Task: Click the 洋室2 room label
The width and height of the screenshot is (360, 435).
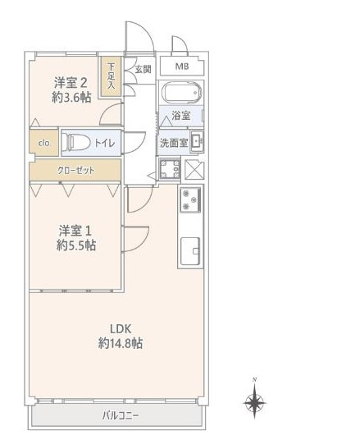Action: pos(71,82)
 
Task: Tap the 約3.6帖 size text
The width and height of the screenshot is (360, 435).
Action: pos(71,98)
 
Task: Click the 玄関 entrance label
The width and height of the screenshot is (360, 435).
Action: pos(143,69)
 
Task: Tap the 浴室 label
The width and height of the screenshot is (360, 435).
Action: pos(180,117)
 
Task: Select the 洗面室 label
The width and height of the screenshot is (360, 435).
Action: pos(173,142)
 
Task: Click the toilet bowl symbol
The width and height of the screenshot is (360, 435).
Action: pos(77,143)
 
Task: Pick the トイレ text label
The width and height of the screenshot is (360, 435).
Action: pos(104,143)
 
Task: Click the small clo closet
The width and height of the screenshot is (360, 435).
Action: pos(44,143)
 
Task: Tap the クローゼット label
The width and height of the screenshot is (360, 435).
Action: pos(75,170)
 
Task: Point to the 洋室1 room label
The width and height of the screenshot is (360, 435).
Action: pos(76,229)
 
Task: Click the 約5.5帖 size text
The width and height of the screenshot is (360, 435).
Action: pos(76,245)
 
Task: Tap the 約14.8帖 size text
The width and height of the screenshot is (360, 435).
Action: pos(121,344)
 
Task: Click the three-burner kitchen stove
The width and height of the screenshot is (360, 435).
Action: pos(189,199)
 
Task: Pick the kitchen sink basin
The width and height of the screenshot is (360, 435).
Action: pos(189,248)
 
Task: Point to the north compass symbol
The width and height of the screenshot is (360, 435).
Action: pos(255,401)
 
